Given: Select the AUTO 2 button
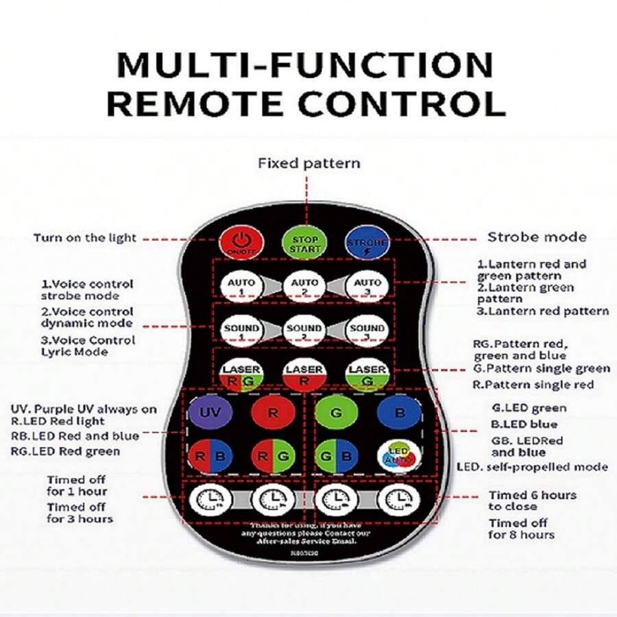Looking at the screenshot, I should point(304,285).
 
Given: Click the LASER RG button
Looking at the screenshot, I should point(241,374).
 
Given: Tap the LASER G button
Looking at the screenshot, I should point(367,374).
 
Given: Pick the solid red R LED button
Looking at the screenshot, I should point(273,413).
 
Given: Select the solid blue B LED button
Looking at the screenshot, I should point(399,413).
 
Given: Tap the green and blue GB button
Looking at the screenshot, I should point(337,456).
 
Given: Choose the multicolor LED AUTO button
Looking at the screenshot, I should point(399,456).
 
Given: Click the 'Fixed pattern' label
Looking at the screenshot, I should point(308,163).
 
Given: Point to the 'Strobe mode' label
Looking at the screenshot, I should point(537,237).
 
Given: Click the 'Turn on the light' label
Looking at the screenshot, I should point(85,238).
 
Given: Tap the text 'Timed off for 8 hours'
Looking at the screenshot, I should point(521,529).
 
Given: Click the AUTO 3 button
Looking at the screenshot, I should point(367,285).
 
